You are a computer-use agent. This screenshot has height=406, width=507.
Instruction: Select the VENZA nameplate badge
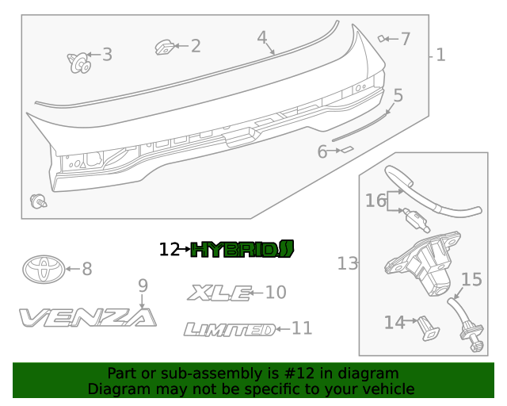[88, 318]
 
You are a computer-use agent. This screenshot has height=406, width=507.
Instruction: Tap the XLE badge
[218, 293]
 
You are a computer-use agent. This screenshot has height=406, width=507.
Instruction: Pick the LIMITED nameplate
[229, 329]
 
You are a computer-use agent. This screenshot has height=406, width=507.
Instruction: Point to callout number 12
[170, 250]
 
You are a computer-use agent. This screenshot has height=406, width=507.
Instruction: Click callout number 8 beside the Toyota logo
[86, 270]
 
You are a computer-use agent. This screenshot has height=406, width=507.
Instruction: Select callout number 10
[275, 293]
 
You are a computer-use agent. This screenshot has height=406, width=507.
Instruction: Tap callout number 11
[302, 328]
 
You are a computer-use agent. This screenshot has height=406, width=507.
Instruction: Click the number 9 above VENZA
[143, 285]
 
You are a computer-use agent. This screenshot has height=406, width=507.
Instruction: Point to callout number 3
[106, 55]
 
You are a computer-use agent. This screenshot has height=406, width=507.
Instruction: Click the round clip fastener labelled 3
[79, 61]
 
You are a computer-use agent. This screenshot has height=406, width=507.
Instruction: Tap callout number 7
[405, 38]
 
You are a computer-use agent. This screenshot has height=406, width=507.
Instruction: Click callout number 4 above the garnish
[262, 37]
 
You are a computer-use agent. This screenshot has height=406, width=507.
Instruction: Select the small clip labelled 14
[427, 326]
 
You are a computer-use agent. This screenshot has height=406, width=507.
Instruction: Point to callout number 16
[375, 201]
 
